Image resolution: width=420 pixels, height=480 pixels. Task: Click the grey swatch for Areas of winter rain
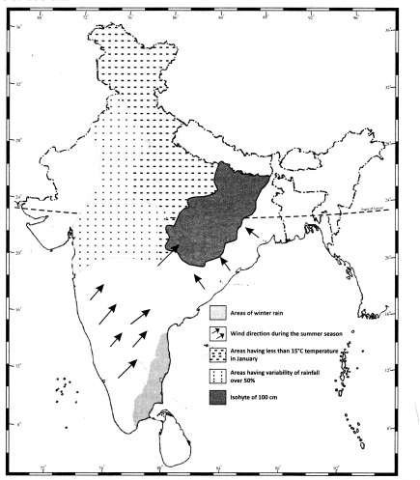pyautogui.click(x=219, y=312)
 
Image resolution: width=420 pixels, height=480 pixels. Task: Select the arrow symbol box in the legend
pyautogui.click(x=219, y=333)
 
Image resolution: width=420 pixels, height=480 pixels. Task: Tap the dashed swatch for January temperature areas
pyautogui.click(x=219, y=353)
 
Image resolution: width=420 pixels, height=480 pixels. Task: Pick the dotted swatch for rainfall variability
pyautogui.click(x=219, y=375)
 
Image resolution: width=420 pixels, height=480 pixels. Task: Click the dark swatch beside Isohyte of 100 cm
pyautogui.click(x=219, y=396)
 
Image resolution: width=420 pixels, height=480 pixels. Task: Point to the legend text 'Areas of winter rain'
pyautogui.click(x=260, y=313)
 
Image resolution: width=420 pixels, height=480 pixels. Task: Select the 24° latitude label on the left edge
pyautogui.click(x=20, y=203)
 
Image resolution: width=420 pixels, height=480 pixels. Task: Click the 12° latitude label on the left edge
pyautogui.click(x=20, y=371)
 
